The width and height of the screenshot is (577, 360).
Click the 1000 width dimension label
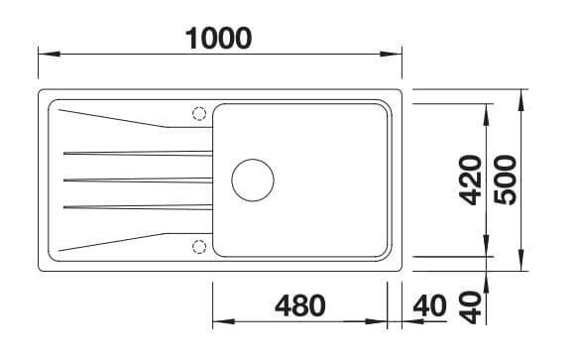[218, 39]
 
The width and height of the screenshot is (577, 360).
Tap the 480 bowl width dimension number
[300, 305]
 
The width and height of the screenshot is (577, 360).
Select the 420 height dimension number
[470, 180]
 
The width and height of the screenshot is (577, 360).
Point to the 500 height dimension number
[505, 180]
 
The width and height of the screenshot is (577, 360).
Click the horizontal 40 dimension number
[429, 305]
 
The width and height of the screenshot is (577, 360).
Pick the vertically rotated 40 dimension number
[470, 307]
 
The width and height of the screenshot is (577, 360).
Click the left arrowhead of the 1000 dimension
[50, 55]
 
